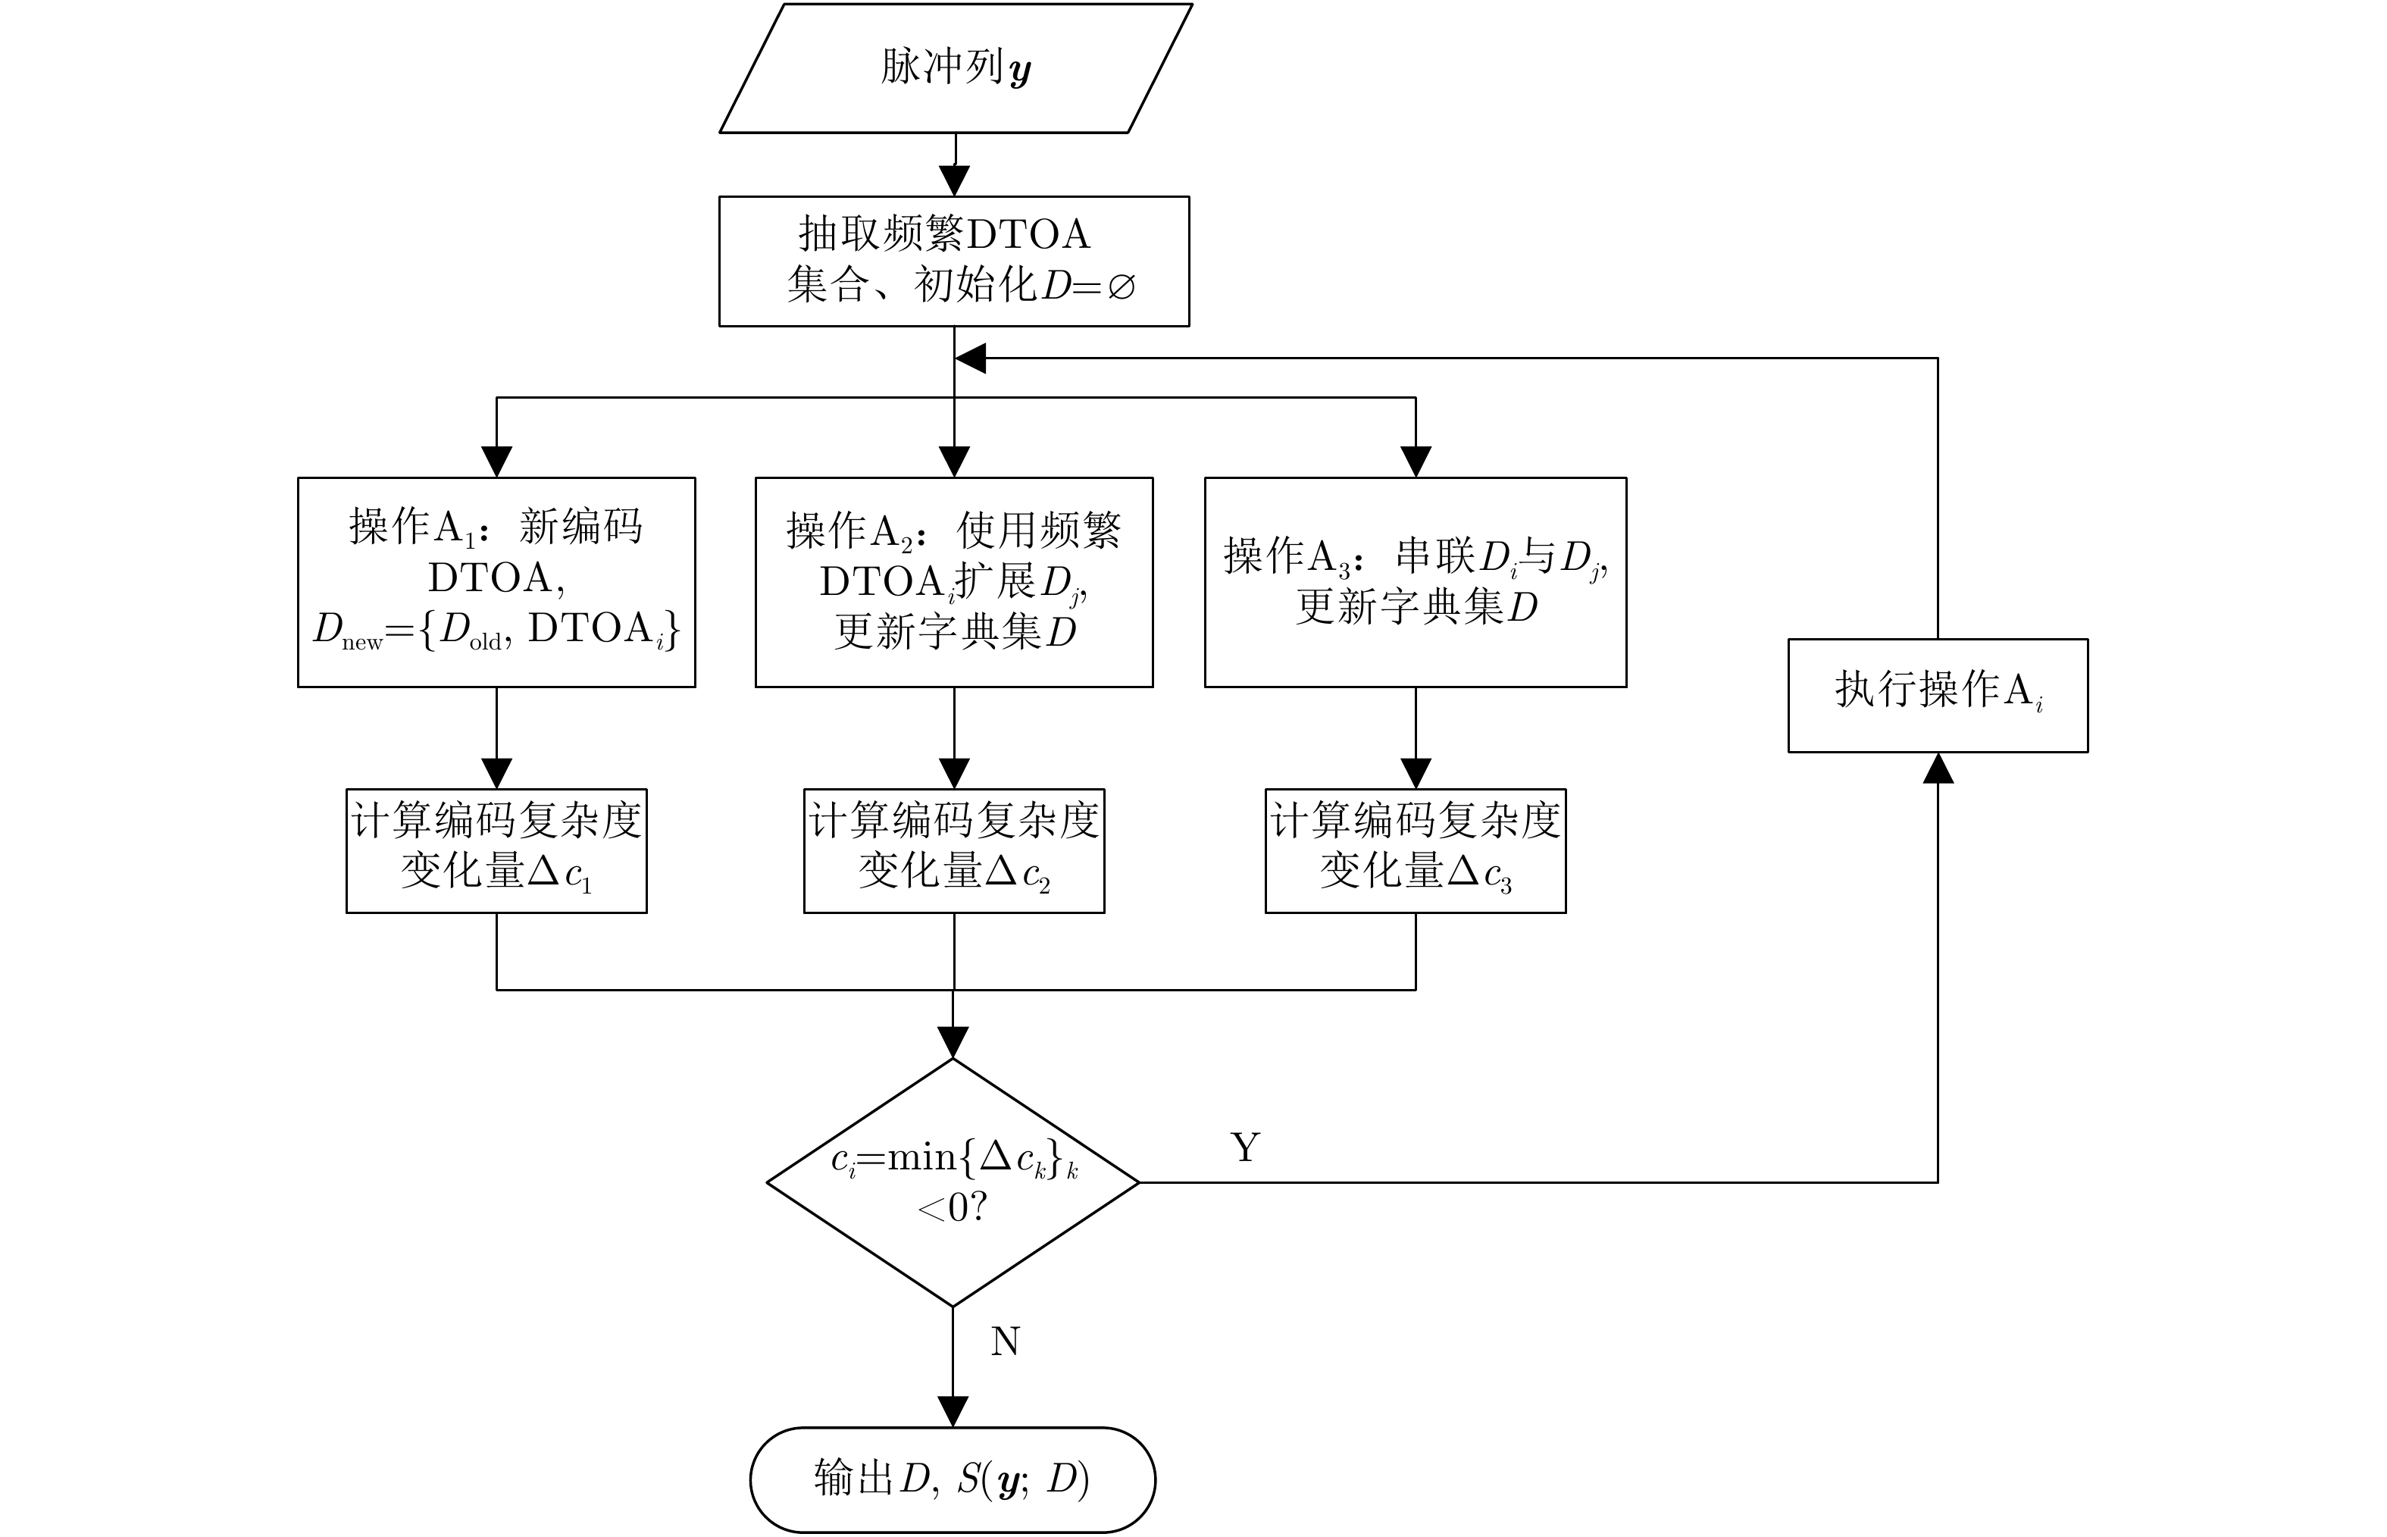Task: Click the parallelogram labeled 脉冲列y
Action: (955, 68)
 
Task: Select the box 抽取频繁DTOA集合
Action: (954, 261)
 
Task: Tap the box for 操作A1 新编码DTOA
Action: (496, 582)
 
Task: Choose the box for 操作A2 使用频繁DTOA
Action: (954, 582)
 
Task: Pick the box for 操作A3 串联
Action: (1415, 582)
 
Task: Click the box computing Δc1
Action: (496, 850)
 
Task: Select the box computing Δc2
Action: (954, 850)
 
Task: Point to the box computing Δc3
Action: (1415, 850)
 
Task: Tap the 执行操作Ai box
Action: (1937, 695)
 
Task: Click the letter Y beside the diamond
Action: (1245, 1147)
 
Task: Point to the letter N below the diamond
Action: (1005, 1341)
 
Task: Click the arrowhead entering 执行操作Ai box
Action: (1937, 768)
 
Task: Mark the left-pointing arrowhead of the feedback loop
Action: (971, 358)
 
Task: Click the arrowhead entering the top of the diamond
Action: (953, 1043)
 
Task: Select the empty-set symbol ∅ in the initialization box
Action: (1121, 287)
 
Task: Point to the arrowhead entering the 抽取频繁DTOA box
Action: (955, 180)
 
